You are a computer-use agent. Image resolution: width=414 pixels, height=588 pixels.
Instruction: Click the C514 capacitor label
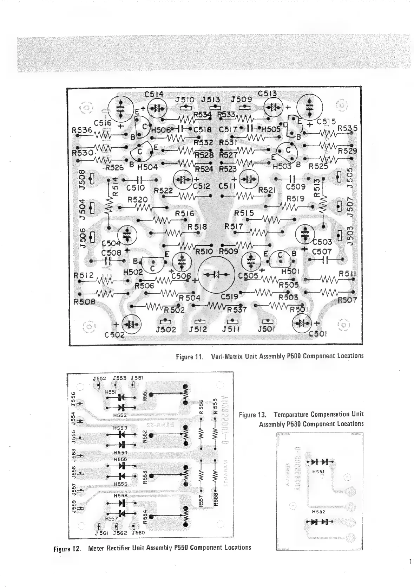point(154,94)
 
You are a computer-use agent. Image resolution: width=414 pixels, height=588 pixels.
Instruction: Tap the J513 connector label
point(210,100)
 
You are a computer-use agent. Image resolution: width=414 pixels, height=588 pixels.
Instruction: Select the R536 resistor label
point(81,130)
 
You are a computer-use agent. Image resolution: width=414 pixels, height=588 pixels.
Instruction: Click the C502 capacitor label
point(114,334)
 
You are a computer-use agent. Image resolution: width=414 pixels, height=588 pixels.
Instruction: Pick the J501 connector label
point(267,330)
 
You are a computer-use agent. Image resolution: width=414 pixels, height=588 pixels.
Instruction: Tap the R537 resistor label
point(237,310)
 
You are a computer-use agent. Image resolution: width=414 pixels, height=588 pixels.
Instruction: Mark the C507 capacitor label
point(322,252)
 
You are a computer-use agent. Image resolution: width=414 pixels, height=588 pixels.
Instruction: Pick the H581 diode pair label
point(318,471)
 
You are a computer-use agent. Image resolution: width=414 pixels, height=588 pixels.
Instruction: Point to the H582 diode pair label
point(318,512)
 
